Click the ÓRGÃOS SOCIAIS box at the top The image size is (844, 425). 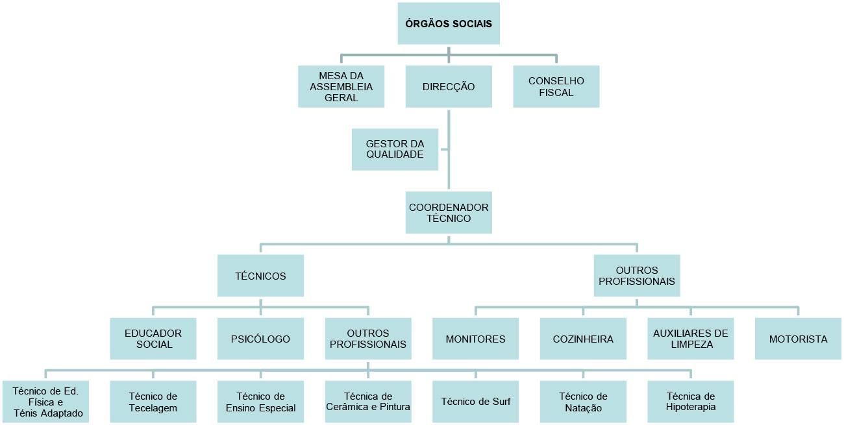coord(449,24)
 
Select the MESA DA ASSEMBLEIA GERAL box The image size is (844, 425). coord(341,86)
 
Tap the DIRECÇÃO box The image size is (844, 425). coord(449,86)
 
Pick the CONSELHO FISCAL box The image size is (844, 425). coord(556,86)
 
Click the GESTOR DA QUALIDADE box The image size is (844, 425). coord(395,149)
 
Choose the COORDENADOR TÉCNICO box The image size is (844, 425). coord(449,212)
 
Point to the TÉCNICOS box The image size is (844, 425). coord(260,276)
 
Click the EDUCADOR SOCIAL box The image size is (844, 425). coord(153,338)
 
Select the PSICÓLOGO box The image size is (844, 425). coord(260,338)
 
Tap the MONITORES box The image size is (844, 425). coord(475,338)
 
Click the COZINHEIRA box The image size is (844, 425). coord(583,338)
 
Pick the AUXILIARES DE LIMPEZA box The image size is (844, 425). coord(691,338)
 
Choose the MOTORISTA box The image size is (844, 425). coord(798,338)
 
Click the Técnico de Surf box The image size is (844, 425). coord(475,402)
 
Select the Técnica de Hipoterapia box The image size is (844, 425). coord(691,402)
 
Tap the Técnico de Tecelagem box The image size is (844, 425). coord(153,402)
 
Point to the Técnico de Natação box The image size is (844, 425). coord(583,402)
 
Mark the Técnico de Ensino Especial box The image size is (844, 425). coord(260,402)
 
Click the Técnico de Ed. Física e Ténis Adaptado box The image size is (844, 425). coord(46,402)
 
